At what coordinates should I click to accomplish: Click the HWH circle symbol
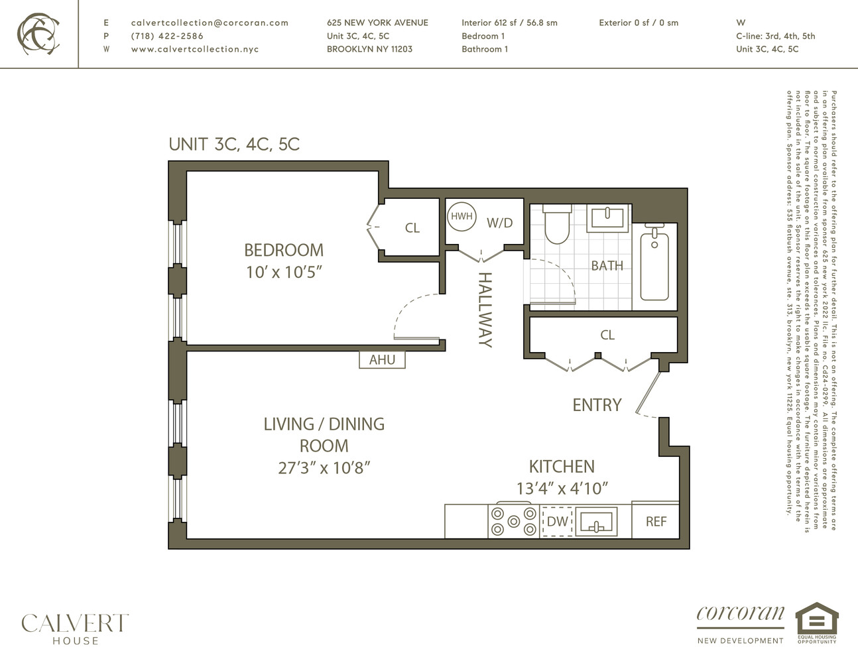tap(461, 216)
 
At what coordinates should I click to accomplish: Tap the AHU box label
tap(382, 359)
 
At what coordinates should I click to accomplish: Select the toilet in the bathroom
tap(557, 225)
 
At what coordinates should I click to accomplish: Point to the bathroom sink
tap(607, 217)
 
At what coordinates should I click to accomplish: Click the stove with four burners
tap(513, 521)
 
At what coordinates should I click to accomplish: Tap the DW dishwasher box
tap(557, 522)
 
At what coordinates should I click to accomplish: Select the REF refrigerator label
tap(656, 522)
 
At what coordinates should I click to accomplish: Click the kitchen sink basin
tap(597, 522)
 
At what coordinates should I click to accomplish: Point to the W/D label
tap(499, 223)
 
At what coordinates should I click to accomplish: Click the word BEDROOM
tap(284, 250)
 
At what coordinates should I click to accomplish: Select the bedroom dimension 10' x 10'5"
tap(284, 272)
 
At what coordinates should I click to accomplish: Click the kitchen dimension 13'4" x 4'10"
tap(562, 489)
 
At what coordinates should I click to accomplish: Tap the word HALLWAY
tap(485, 309)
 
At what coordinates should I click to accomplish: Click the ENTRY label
tap(597, 404)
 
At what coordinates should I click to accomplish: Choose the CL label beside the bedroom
tap(412, 228)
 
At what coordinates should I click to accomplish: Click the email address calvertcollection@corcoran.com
tap(210, 23)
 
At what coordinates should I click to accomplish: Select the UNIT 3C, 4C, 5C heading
tap(234, 144)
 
